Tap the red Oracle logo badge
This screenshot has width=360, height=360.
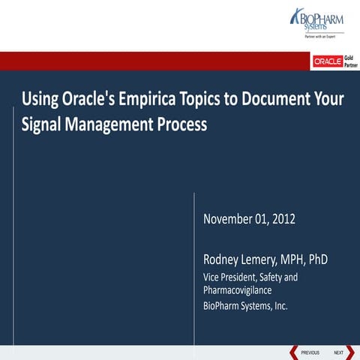[x=327, y=61]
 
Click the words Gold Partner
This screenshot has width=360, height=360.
[x=350, y=61]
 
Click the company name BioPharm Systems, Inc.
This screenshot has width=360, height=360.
[x=245, y=305]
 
